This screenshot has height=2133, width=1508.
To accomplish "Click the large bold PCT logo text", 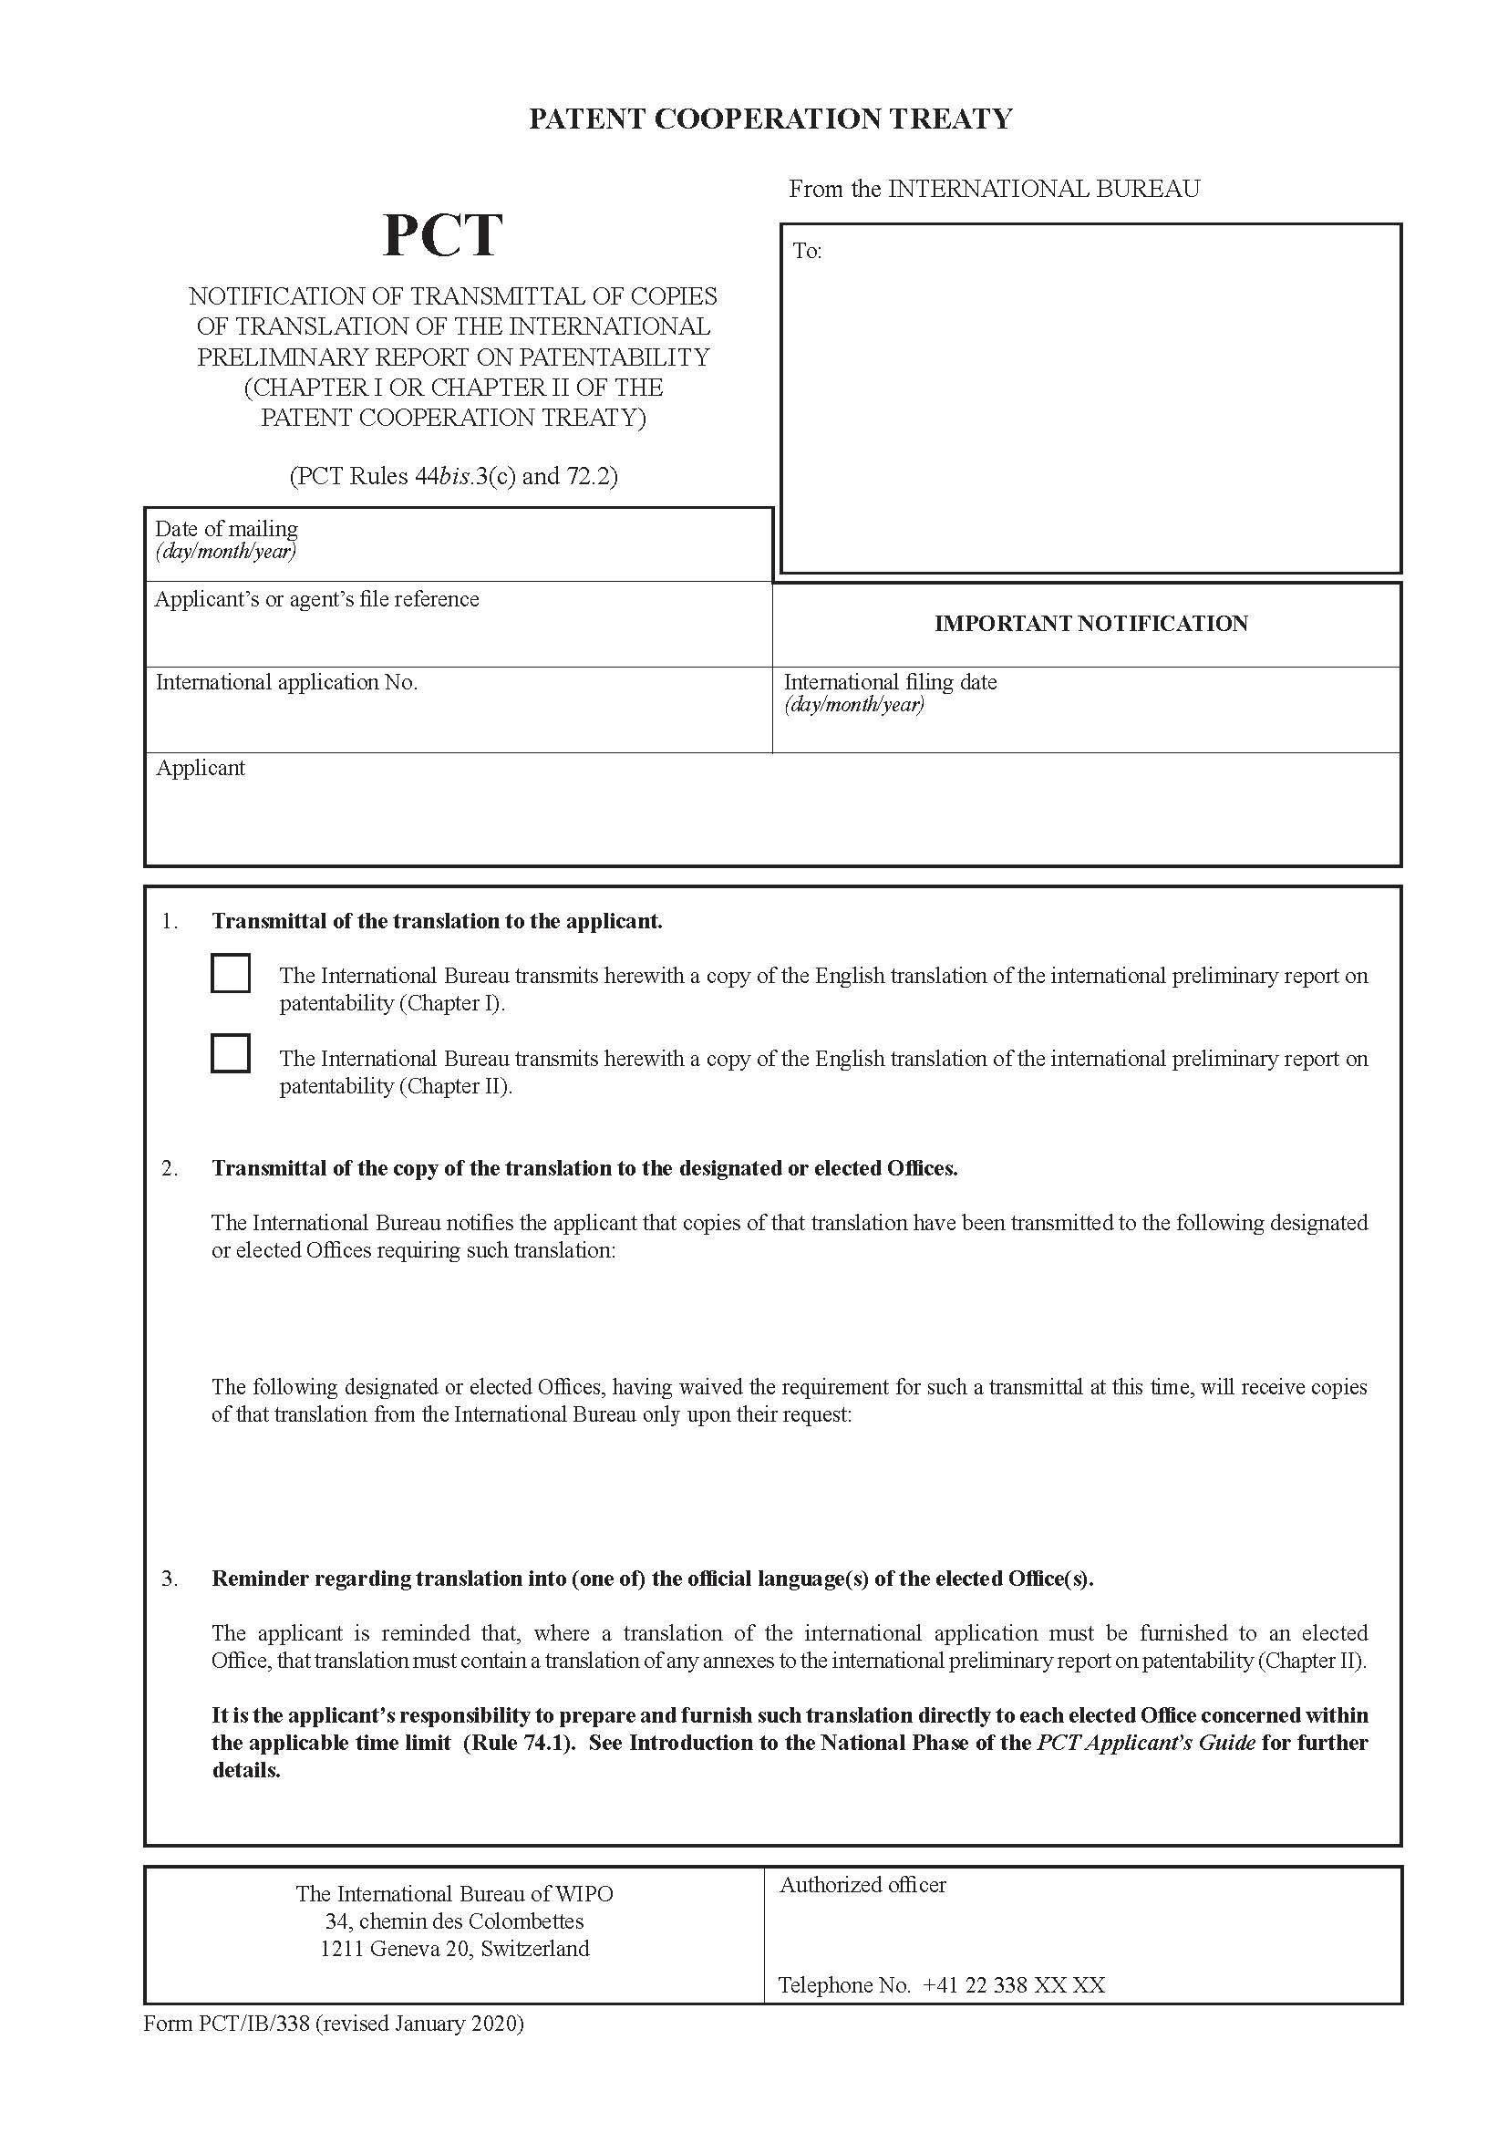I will click(442, 235).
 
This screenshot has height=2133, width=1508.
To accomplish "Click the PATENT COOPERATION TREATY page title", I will click(769, 119).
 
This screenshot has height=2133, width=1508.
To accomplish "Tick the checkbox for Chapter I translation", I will click(231, 974).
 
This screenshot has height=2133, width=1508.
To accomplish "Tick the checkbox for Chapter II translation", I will click(231, 1053).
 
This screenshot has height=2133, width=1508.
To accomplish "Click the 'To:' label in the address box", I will click(807, 251).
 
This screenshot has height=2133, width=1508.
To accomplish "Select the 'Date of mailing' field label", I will click(227, 529).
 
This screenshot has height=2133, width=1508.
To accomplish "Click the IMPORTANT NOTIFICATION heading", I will click(1090, 624).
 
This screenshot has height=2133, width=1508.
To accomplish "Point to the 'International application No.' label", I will click(286, 682).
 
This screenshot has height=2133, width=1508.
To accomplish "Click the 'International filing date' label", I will click(890, 682).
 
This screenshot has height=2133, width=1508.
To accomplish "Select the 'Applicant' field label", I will click(201, 768).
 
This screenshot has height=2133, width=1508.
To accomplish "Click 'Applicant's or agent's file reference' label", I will click(316, 599).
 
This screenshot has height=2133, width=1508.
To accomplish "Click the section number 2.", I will click(169, 1169).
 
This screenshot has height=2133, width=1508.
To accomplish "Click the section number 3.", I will click(169, 1579).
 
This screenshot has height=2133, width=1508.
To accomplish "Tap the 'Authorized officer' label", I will click(862, 1885).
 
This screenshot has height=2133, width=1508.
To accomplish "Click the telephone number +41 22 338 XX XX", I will click(1013, 1985).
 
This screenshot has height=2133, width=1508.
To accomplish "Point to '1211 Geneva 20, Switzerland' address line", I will click(454, 1949).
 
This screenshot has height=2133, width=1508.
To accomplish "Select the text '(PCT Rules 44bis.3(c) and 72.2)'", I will click(453, 477).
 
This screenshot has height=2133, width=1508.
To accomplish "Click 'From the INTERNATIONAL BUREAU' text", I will click(994, 189).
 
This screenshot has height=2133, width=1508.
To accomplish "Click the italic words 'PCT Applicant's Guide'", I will click(1146, 1743).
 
